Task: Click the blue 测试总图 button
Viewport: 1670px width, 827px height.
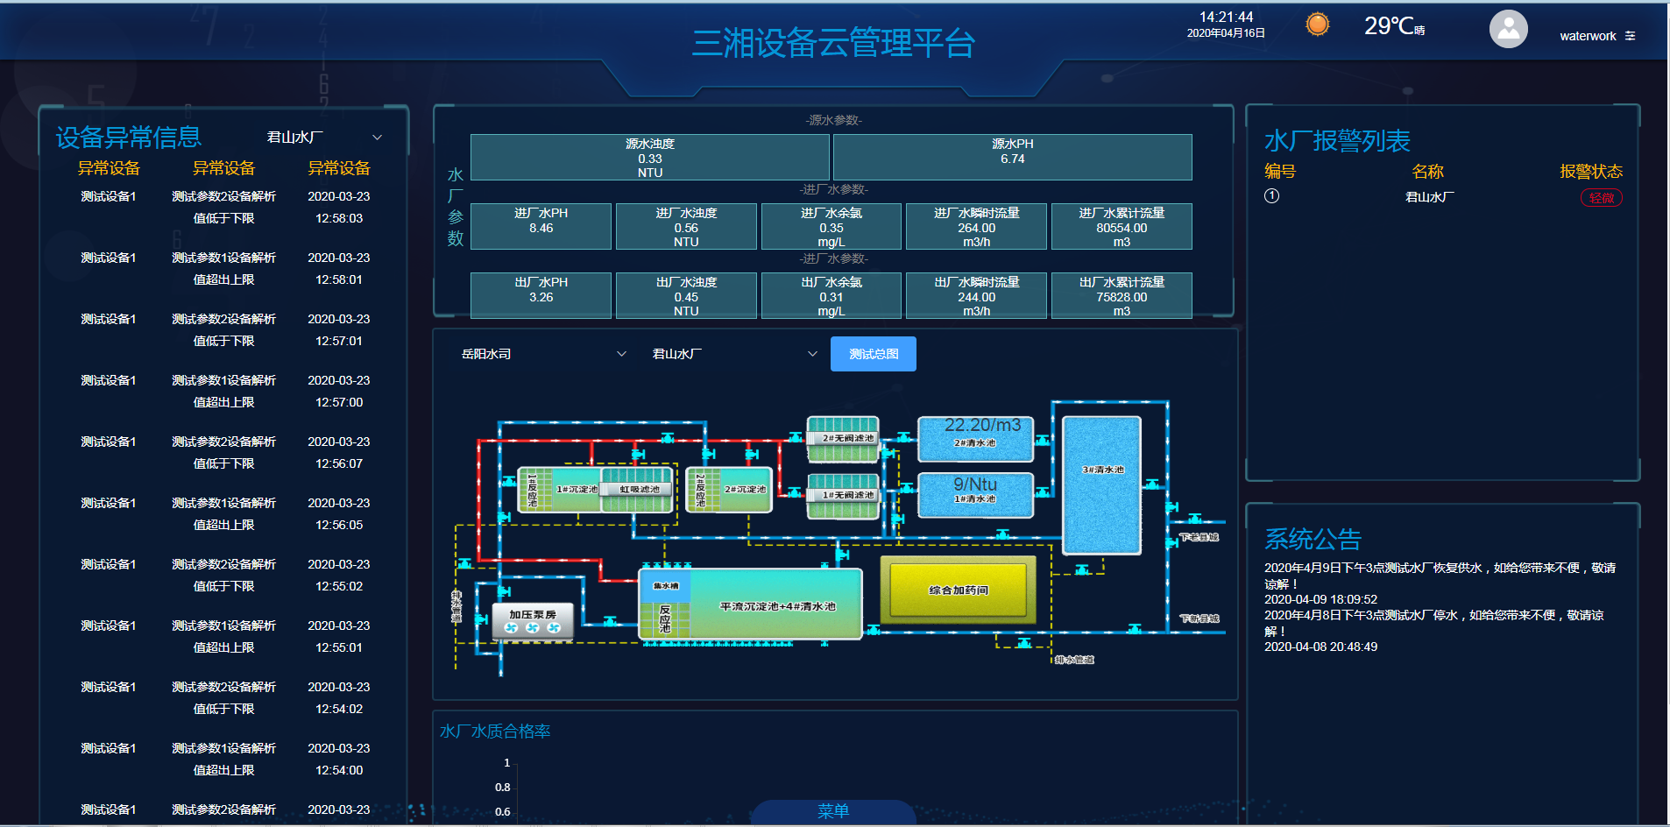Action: pos(873,354)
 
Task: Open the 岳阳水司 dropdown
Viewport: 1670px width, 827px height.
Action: pos(543,354)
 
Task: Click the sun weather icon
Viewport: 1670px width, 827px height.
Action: pos(1317,25)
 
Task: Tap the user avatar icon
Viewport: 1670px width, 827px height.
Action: pos(1508,30)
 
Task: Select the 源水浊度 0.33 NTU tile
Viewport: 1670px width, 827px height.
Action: pos(649,158)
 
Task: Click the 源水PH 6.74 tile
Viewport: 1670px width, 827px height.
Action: pos(1012,158)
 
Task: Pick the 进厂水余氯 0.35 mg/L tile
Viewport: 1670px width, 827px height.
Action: pos(831,227)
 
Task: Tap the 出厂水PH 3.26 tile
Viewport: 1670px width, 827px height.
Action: pos(541,296)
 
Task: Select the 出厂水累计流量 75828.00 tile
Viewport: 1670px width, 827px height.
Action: pos(1121,296)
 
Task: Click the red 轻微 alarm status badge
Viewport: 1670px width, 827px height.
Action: pos(1601,198)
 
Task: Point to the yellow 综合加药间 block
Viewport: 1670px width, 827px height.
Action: pos(958,590)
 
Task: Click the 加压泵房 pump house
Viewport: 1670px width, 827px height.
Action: pos(533,620)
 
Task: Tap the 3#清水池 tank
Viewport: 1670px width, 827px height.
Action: pos(1101,484)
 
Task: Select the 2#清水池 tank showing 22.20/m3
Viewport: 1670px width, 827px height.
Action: pos(975,438)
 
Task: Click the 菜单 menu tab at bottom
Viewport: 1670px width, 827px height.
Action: pos(832,811)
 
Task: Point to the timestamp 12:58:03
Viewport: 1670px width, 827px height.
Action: pos(339,218)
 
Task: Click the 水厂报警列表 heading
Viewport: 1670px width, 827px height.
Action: pos(1337,141)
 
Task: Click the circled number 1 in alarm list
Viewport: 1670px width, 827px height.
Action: pos(1271,196)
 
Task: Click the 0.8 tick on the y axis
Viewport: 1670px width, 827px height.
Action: pos(503,787)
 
